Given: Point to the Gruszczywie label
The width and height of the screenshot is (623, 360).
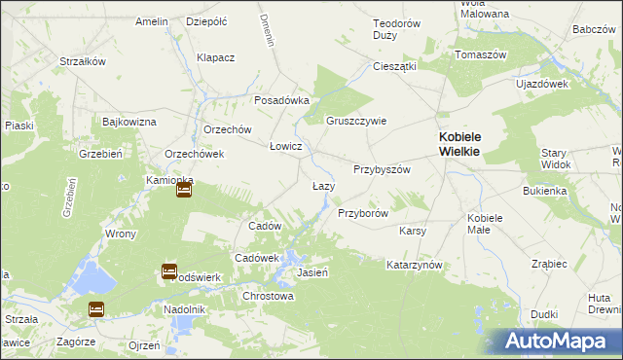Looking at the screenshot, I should pos(356,121).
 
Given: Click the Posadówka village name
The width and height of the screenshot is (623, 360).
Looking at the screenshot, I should pos(281,100).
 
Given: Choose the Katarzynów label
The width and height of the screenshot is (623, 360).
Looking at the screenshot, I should pos(415,265).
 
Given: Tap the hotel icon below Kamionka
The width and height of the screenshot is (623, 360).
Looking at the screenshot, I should pos(184,192).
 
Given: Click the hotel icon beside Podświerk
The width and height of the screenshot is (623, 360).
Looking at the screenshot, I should pos(168,271).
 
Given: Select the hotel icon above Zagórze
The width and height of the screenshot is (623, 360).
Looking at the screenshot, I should pos(96,309).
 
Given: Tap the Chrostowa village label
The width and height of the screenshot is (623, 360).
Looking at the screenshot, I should pos(268,296).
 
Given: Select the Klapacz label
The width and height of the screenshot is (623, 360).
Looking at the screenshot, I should pos(216,57).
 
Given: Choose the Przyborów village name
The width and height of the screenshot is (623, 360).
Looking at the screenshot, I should pos(363,212).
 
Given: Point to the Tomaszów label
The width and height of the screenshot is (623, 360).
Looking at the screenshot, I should pos(481,54).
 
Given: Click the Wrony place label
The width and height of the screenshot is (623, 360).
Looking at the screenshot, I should pos(121,234).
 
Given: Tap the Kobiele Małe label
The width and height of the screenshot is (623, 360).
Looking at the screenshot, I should pos(484,223).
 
